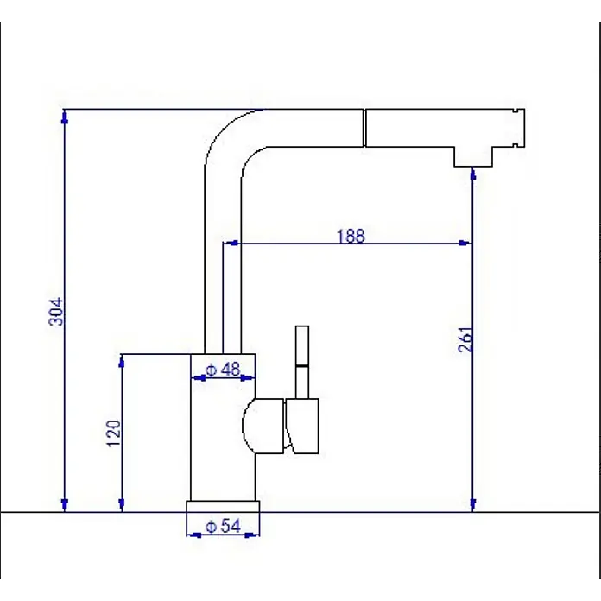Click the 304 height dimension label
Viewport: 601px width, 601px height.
click(56, 311)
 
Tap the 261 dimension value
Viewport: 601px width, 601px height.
click(465, 339)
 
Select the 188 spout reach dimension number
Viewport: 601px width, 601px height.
click(351, 236)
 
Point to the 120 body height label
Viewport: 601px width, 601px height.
click(113, 433)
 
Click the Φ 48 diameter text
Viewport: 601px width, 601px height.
click(223, 370)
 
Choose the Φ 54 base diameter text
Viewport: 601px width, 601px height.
click(224, 526)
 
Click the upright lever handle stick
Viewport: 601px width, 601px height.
click(302, 362)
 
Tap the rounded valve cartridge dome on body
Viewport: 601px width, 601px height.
click(263, 426)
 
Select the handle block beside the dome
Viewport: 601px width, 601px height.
click(302, 426)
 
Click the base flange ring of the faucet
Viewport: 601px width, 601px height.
click(223, 506)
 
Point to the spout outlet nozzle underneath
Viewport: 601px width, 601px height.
click(473, 156)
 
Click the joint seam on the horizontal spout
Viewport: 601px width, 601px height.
click(364, 128)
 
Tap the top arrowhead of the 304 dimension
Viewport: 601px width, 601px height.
click(65, 117)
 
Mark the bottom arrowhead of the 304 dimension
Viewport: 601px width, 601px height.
click(65, 505)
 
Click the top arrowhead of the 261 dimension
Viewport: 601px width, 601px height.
click(473, 174)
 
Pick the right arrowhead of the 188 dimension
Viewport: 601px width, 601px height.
click(465, 243)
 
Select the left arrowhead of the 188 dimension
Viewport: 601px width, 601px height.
click(231, 243)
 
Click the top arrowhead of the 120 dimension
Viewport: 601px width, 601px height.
click(122, 361)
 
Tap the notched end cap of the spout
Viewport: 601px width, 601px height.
click(518, 128)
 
